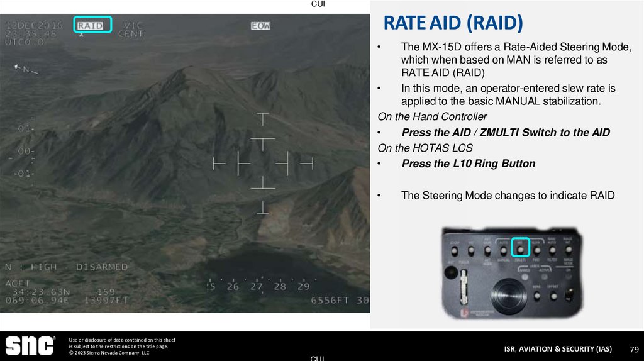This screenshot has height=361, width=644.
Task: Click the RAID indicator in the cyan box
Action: pos(93,25)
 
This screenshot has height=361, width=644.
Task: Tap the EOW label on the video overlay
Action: pos(260,26)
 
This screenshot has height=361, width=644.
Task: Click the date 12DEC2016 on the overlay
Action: pos(35,25)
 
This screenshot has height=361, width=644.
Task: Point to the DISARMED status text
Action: pos(102,267)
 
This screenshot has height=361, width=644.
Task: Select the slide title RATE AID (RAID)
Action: pos(453,24)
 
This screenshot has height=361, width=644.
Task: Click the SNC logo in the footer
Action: pos(30,346)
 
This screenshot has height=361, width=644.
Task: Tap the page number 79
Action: pos(634,349)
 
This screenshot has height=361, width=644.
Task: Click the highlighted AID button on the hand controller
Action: pos(521,246)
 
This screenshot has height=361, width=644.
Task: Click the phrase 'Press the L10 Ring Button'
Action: pos(468,164)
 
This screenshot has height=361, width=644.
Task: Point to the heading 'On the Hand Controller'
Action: pos(432,116)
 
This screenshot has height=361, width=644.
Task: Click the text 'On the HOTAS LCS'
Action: pos(425,148)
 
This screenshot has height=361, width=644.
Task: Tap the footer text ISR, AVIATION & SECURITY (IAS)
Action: pos(557,349)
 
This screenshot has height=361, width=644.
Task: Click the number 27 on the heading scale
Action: pos(256,286)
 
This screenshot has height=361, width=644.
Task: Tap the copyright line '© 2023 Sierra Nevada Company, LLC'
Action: pos(109,353)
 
